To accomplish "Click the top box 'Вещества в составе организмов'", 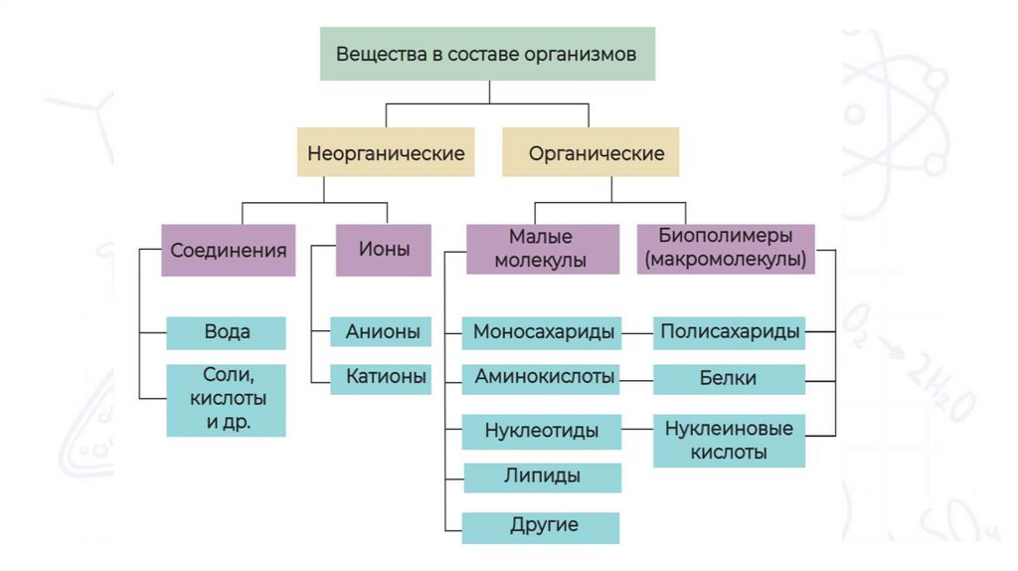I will (487, 54).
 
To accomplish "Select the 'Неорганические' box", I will (387, 154).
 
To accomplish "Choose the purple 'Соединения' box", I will (229, 250).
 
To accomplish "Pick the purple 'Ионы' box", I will (386, 250).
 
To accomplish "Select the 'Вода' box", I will (227, 332).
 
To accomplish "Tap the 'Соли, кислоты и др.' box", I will (227, 399).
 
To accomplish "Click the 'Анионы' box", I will (382, 331).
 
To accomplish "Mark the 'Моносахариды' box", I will (543, 332).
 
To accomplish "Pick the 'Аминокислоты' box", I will (543, 379).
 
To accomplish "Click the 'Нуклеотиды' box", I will (542, 432).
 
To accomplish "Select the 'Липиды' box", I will (542, 476).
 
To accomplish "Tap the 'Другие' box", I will (542, 526).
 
